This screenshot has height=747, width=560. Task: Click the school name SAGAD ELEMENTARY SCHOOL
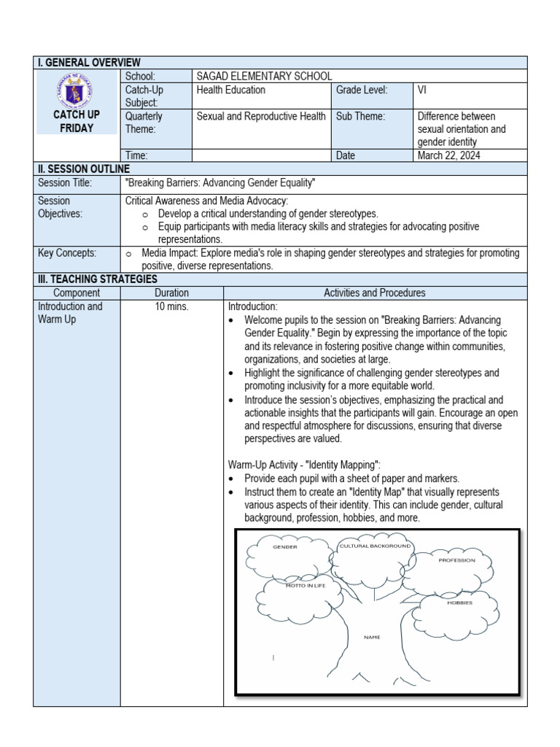[264, 76]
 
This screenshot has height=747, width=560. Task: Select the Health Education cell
[231, 90]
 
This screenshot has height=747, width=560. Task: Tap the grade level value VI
[422, 90]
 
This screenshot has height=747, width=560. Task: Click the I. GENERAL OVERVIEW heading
[90, 63]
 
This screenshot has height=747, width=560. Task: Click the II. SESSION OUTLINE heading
[83, 169]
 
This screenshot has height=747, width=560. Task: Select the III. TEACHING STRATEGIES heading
[98, 279]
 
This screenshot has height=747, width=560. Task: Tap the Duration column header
[171, 293]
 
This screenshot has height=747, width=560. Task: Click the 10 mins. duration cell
[171, 306]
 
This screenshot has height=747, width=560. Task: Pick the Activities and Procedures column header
[375, 293]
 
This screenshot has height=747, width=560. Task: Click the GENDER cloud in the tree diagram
[285, 546]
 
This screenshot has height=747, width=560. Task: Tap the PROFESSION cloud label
[456, 560]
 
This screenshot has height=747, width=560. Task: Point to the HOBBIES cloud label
[459, 603]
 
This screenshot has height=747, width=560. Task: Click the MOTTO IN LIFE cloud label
[306, 586]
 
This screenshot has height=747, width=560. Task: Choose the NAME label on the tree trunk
[372, 637]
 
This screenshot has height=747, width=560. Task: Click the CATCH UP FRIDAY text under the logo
[77, 122]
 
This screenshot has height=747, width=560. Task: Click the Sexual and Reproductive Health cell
[261, 116]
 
